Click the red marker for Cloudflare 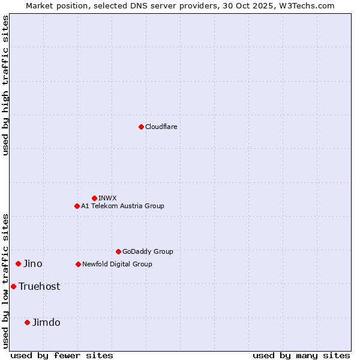pyautogui.click(x=141, y=127)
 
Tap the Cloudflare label pyautogui.click(x=161, y=127)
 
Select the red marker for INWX pyautogui.click(x=94, y=198)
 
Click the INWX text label pyautogui.click(x=107, y=198)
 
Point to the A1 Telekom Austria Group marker pyautogui.click(x=77, y=206)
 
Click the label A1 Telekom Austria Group pyautogui.click(x=122, y=206)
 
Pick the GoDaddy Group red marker pyautogui.click(x=118, y=251)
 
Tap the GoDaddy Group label pyautogui.click(x=148, y=251)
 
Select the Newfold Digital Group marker pyautogui.click(x=78, y=264)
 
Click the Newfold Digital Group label pyautogui.click(x=117, y=264)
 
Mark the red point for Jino pyautogui.click(x=18, y=263)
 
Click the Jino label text pyautogui.click(x=32, y=263)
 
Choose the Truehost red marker pyautogui.click(x=13, y=286)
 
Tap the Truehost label pyautogui.click(x=39, y=286)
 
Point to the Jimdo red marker pyautogui.click(x=27, y=322)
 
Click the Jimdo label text pyautogui.click(x=46, y=322)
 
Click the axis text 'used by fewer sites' pyautogui.click(x=62, y=355)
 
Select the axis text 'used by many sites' pyautogui.click(x=301, y=355)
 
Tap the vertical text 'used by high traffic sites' pyautogui.click(x=5, y=85)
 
